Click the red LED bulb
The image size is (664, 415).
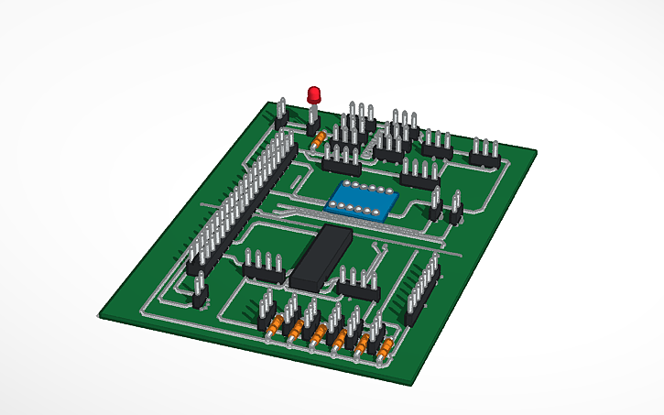(x=314, y=94)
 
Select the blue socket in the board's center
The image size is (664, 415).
(x=363, y=201)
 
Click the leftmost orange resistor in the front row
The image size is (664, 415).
(x=274, y=325)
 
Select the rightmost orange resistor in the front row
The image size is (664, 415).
(x=386, y=348)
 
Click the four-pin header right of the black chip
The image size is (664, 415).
(x=358, y=284)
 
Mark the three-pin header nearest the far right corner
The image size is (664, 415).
(x=484, y=154)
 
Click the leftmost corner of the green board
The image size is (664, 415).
(x=98, y=315)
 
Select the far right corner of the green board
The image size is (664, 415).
(x=537, y=150)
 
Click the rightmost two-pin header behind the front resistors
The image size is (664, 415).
(x=377, y=327)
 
